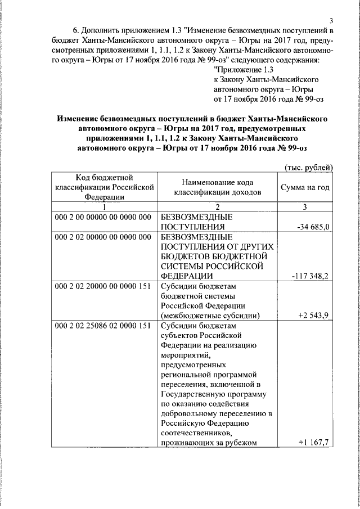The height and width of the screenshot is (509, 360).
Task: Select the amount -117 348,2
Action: tap(310, 276)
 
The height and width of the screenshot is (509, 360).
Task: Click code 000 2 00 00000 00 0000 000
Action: tap(103, 217)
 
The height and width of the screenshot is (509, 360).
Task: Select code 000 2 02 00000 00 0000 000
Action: tap(103, 237)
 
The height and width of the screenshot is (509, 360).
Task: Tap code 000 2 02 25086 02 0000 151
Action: tap(103, 326)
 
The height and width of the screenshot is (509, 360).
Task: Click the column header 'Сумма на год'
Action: tap(305, 187)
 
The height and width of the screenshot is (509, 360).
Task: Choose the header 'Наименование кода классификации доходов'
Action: tap(217, 187)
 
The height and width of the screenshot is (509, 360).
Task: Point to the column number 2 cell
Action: tap(217, 206)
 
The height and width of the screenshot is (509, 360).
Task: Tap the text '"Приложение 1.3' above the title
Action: tap(244, 70)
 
